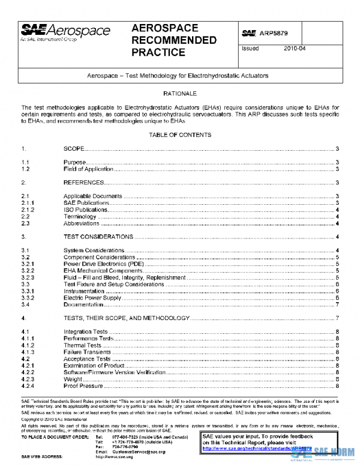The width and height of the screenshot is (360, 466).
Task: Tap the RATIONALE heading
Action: point(180,94)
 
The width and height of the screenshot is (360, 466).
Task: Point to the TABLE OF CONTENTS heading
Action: point(180,135)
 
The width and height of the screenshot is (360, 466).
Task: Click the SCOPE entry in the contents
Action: point(74,148)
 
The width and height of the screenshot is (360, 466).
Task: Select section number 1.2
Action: point(26,169)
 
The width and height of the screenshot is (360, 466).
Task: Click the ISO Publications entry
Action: point(86,210)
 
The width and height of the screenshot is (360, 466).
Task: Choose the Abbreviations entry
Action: point(82,224)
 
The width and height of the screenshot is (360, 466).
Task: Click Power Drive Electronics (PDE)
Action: point(103,264)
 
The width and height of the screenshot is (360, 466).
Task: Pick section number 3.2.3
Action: point(27,278)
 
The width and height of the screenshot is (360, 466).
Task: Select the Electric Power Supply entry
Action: point(92,298)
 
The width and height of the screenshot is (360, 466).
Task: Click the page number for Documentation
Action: point(338,305)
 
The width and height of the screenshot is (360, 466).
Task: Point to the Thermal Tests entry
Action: point(83,346)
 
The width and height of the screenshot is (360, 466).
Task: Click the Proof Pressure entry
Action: point(83,386)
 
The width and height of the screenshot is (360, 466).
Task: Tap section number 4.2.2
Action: point(27,372)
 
